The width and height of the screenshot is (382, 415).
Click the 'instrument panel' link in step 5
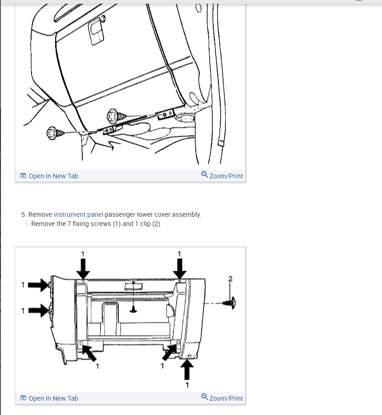pyautogui.click(x=78, y=214)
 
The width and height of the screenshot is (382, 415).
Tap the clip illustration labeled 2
pyautogui.click(x=229, y=303)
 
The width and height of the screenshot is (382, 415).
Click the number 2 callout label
pyautogui.click(x=230, y=279)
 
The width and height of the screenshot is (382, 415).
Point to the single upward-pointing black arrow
pyautogui.click(x=187, y=370)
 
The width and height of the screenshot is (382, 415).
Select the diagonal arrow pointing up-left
pyautogui.click(x=89, y=353)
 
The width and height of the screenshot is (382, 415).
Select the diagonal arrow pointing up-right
pyautogui.click(x=170, y=352)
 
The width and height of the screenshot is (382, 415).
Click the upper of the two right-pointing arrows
pyautogui.click(x=38, y=285)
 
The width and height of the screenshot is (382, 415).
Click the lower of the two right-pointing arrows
pyautogui.click(x=38, y=310)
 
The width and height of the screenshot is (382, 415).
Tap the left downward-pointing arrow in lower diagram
pyautogui.click(x=83, y=269)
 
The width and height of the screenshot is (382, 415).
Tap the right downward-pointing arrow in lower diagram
pyautogui.click(x=179, y=269)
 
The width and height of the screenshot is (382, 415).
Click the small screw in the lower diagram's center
pyautogui.click(x=134, y=309)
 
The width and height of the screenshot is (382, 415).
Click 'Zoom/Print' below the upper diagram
pyautogui.click(x=222, y=176)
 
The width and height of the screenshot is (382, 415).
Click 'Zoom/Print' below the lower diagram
pyautogui.click(x=222, y=398)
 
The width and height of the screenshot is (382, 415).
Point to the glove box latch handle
pyautogui.click(x=95, y=32)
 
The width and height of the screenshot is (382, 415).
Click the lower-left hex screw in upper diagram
pyautogui.click(x=55, y=133)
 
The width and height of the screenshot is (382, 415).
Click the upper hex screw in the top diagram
pyautogui.click(x=116, y=116)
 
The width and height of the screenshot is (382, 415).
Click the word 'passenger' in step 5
pyautogui.click(x=120, y=214)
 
